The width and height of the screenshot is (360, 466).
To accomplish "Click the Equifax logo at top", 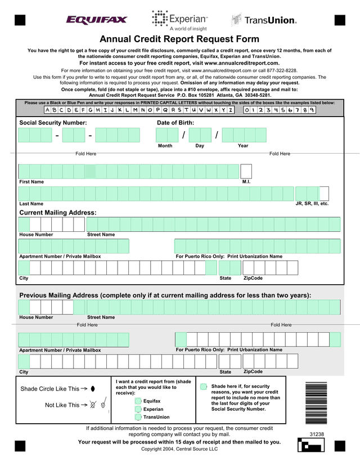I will pos(97,20).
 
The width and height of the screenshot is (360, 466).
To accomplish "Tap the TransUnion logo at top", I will pos(264,20).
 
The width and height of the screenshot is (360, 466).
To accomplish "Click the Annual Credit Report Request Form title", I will pos(179,39).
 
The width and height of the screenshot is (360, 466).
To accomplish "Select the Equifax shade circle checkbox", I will pos(138,401).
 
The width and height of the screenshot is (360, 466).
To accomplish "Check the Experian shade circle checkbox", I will pos(138,409).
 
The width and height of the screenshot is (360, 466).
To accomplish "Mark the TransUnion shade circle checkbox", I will pos(138,418).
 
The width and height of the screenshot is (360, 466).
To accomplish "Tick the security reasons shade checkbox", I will pos(204,387).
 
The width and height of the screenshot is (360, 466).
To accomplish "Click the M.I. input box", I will pos(246,171).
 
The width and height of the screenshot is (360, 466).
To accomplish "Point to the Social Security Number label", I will pos(53,123).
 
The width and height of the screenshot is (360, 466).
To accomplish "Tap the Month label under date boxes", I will pos(165,146).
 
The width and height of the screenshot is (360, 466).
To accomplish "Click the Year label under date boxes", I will pos(243,146).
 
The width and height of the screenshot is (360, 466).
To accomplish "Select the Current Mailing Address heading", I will pos(58,213).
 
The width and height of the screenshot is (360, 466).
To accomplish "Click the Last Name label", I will pos(31,204).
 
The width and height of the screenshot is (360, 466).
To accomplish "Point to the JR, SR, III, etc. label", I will pos(312,204).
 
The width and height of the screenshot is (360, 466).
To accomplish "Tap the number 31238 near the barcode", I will pos(317,434).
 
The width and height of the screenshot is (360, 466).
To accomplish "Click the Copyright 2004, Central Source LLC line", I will pos(179,449).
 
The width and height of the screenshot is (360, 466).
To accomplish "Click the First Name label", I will pos(31,182).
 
